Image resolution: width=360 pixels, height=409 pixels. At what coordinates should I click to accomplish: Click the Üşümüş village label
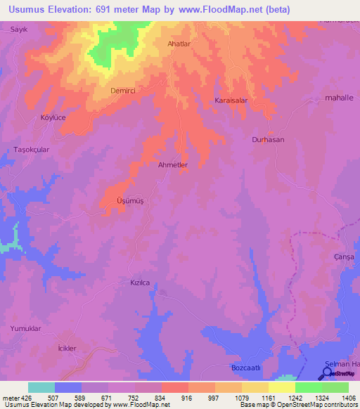(x=130, y=201)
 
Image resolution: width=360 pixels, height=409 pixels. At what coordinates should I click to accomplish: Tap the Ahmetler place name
(x=173, y=165)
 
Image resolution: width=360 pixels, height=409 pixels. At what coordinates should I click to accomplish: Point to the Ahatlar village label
(x=179, y=44)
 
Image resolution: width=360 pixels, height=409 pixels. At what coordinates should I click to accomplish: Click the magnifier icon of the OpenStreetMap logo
(x=326, y=374)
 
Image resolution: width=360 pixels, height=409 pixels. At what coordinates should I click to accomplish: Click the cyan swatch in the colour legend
(x=41, y=387)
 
